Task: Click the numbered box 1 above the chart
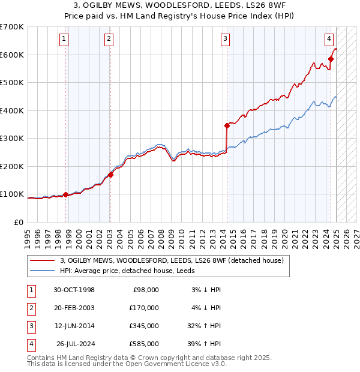64,40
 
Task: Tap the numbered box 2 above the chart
109,40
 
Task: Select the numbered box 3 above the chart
225,40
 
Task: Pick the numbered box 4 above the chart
329,40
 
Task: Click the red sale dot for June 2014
227,125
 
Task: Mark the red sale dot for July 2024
331,59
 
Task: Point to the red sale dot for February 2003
111,175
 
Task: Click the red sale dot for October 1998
65,194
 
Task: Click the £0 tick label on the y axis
18,222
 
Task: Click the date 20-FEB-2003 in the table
74,308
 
